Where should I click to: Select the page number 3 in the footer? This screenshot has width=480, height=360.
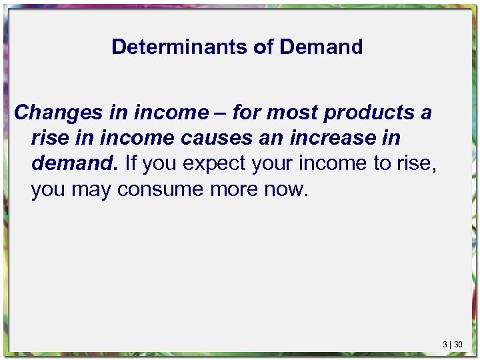[444, 345]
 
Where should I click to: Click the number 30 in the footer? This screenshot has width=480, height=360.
[457, 345]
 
